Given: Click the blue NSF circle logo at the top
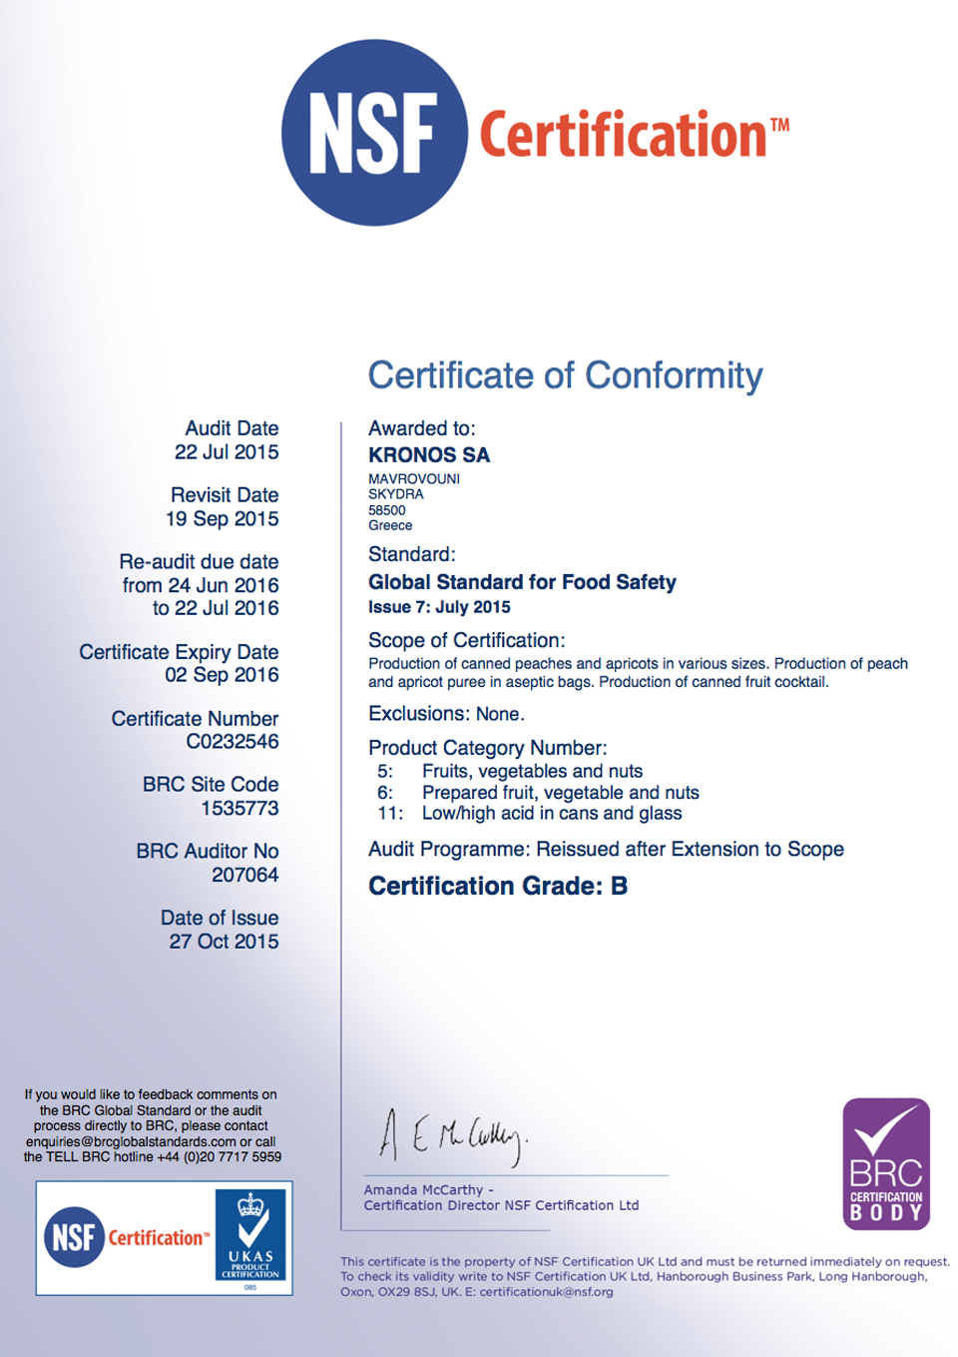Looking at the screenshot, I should pyautogui.click(x=374, y=133).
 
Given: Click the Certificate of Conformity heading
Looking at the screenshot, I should pyautogui.click(x=565, y=375).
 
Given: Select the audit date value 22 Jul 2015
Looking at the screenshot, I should pyautogui.click(x=227, y=452).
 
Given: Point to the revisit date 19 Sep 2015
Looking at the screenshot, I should pyautogui.click(x=223, y=519).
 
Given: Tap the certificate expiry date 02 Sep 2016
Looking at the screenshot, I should pyautogui.click(x=222, y=675).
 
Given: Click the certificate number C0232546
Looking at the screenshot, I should pyautogui.click(x=233, y=742).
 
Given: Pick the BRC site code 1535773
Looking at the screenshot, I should pyautogui.click(x=239, y=808).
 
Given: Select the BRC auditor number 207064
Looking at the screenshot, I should pyautogui.click(x=244, y=875).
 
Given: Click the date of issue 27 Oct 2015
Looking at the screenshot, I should pyautogui.click(x=224, y=942).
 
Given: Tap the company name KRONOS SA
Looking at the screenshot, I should pyautogui.click(x=429, y=455).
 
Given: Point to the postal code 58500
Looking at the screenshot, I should pyautogui.click(x=387, y=510).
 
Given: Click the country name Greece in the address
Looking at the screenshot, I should pyautogui.click(x=390, y=525).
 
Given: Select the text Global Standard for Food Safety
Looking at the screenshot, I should pyautogui.click(x=522, y=582).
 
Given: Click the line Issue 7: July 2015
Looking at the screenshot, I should pyautogui.click(x=439, y=607).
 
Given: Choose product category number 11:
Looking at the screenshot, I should pyautogui.click(x=390, y=813).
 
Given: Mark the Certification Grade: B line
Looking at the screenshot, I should pyautogui.click(x=498, y=886).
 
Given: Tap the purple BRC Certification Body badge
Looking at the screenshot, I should pyautogui.click(x=886, y=1163).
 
